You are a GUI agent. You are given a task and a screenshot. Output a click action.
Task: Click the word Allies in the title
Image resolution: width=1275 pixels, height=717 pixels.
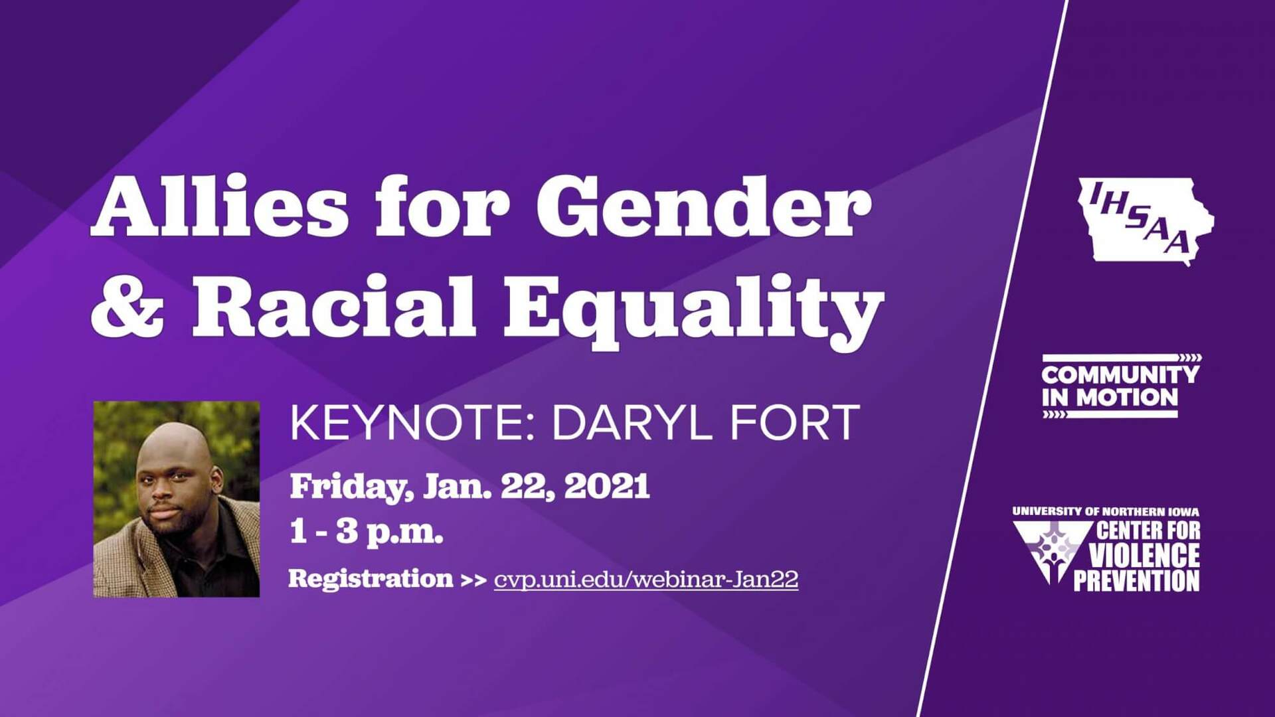coord(220,206)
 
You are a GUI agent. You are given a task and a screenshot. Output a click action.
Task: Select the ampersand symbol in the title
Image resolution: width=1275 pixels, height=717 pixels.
coord(127,307)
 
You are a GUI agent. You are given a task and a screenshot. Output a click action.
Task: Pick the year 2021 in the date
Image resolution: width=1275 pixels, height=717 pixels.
coord(607,486)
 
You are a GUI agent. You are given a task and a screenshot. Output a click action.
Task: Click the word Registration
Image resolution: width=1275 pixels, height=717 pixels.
coord(371,579)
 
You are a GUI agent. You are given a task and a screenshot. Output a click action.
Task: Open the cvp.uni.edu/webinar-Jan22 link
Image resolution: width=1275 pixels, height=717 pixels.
coord(646,580)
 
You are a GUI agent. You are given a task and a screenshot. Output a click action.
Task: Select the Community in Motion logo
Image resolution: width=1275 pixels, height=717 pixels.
coord(1122,386)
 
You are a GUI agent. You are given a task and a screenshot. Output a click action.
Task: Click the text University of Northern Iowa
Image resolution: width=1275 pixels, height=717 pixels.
coord(1106,512)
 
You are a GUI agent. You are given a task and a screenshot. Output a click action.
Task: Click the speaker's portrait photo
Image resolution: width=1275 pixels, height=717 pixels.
coord(177,499)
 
